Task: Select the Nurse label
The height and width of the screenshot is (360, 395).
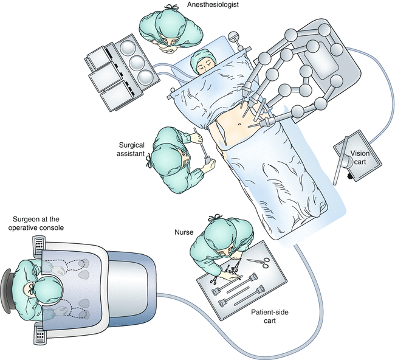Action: (x=183, y=232)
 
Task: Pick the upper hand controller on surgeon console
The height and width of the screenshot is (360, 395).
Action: (x=84, y=263)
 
